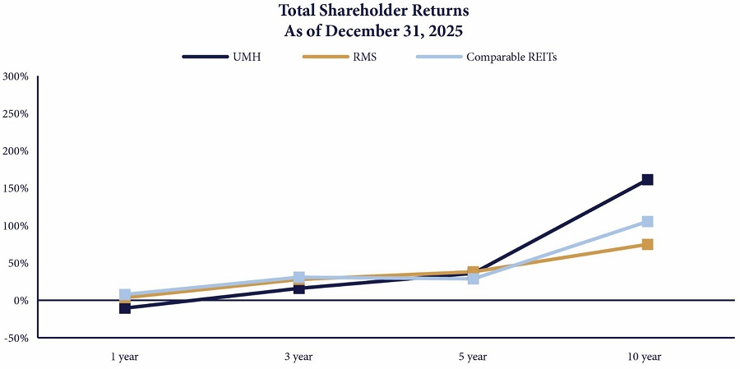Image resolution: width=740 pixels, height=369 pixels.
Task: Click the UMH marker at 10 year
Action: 647,179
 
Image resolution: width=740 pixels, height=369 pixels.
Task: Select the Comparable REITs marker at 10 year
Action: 647,221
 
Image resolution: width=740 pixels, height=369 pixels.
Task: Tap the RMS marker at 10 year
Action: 647,244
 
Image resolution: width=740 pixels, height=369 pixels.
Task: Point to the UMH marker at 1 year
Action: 125,308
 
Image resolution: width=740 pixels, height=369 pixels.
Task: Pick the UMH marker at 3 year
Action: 299,288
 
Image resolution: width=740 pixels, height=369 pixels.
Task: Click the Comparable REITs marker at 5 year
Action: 474,279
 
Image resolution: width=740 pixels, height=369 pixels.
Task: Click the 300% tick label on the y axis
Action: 16,76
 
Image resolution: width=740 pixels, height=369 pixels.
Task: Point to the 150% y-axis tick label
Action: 16,188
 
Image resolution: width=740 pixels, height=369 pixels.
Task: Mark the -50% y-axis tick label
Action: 16,338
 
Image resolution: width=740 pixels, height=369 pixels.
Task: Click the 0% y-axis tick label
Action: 20,301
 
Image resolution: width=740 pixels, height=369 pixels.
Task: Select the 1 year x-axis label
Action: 125,357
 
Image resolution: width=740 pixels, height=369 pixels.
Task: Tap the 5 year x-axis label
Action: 474,357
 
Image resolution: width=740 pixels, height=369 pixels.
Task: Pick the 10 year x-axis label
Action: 647,357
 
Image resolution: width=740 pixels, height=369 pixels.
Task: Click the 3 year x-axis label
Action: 299,357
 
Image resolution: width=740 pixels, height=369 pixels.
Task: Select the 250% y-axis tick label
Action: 16,114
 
